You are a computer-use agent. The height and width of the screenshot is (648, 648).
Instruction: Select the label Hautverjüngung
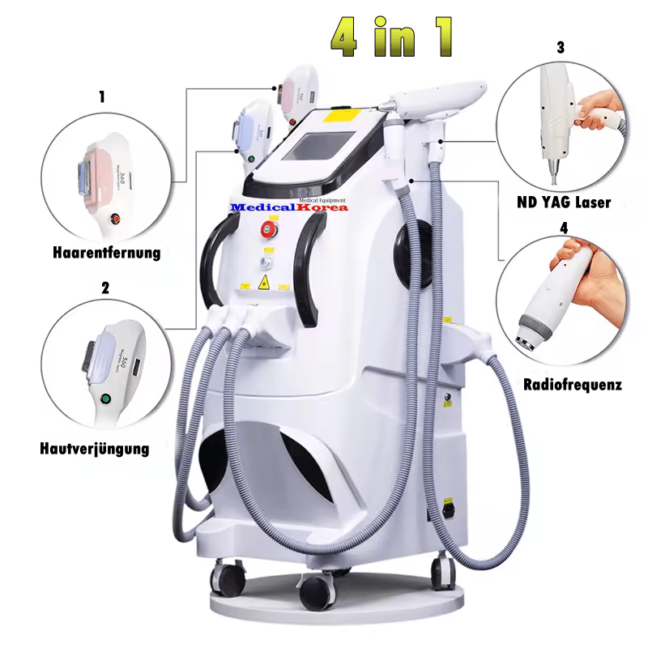(94, 448)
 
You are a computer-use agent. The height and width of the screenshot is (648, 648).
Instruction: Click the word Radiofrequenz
(573, 384)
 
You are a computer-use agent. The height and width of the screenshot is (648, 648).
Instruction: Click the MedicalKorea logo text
(289, 207)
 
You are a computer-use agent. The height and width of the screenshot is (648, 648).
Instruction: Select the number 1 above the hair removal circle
(102, 96)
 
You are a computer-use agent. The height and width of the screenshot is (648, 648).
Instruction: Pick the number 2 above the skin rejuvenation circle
(104, 287)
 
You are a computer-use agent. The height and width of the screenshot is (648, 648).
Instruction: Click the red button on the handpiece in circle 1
(117, 217)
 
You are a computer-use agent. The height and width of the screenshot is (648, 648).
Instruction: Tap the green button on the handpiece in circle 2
(104, 399)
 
